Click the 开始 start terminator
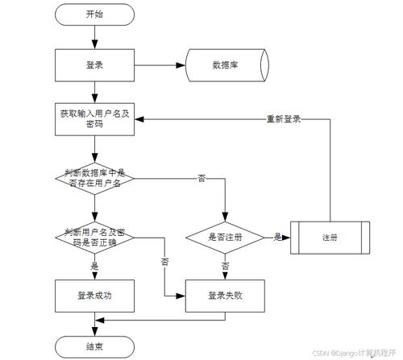[94, 14]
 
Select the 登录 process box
[94, 64]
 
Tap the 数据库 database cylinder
[223, 64]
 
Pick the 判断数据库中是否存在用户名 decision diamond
[94, 177]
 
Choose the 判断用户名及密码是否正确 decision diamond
[94, 236]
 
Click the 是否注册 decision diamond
[225, 237]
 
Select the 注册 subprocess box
[329, 238]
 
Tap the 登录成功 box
[94, 296]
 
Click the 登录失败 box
[225, 296]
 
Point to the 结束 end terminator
[94, 346]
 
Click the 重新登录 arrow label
[284, 119]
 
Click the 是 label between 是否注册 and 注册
[277, 237]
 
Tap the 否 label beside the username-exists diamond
[201, 177]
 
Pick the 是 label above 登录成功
[94, 265]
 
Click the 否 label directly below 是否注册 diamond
[225, 265]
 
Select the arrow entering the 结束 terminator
[94, 328]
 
